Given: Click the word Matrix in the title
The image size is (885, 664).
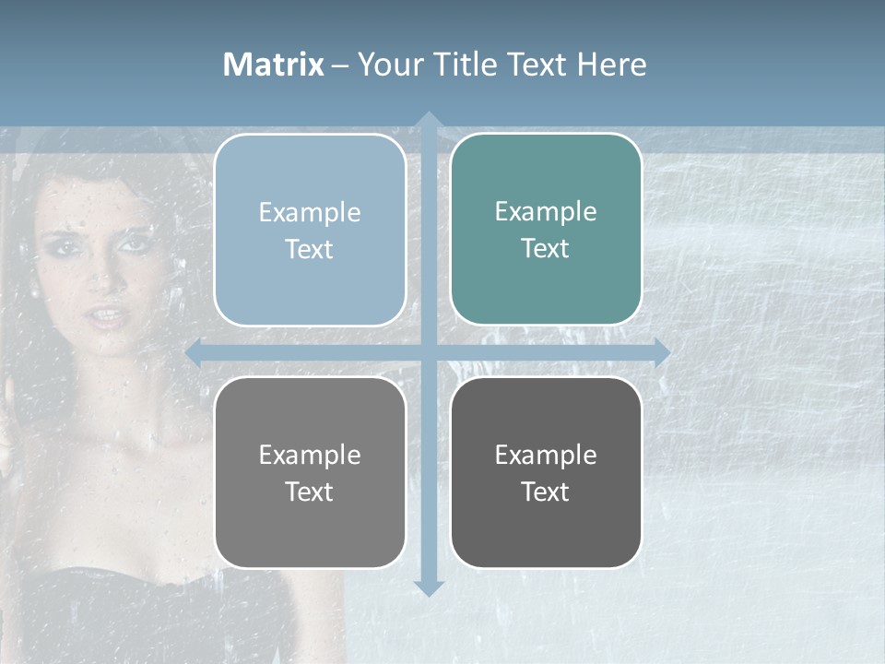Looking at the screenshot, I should [x=274, y=65].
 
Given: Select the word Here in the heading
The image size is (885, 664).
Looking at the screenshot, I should [x=611, y=65].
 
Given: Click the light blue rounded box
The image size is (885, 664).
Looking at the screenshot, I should [x=310, y=230].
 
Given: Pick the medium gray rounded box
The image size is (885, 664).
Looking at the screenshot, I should [x=310, y=472].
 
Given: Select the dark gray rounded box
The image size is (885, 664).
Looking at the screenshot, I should [x=546, y=472].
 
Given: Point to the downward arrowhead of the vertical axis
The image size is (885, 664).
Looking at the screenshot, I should [x=428, y=588].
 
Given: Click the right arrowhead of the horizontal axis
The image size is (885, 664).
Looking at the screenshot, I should [x=661, y=352].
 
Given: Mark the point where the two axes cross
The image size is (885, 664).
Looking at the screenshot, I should [x=428, y=352].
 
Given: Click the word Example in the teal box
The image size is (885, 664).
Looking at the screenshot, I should [x=546, y=211].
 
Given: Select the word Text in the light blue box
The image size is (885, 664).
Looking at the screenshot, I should [x=310, y=249].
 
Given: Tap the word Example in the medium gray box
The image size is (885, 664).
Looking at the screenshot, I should [x=310, y=455].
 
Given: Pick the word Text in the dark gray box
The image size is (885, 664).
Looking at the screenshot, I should [x=546, y=492].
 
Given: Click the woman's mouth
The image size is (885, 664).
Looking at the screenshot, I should [x=110, y=317].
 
